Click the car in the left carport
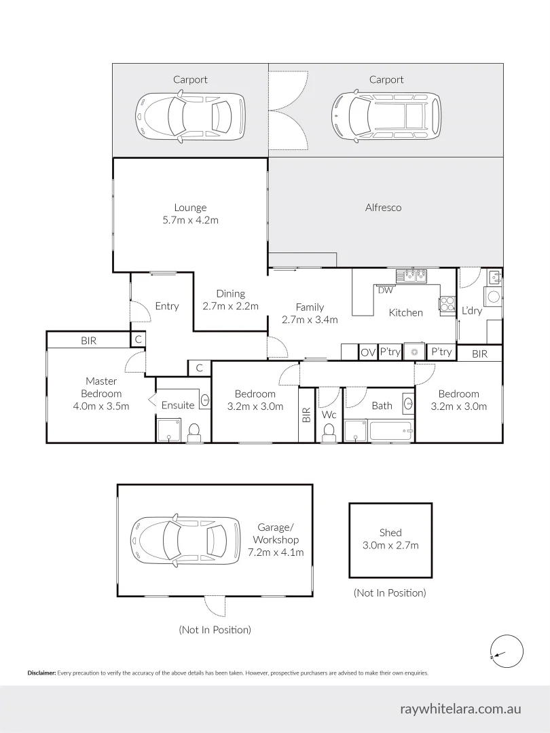(x=190, y=117)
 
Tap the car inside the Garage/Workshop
(x=185, y=540)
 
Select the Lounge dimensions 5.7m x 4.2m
(x=190, y=220)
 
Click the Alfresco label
(x=383, y=208)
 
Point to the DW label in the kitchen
(x=385, y=290)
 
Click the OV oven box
(x=368, y=352)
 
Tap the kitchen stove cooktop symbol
(x=447, y=305)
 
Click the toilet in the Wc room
(x=329, y=432)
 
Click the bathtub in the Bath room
(x=390, y=431)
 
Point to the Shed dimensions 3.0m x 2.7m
(x=390, y=545)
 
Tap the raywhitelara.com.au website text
(x=460, y=709)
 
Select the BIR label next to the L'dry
(x=479, y=354)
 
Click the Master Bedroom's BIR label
(x=88, y=341)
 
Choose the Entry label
(x=166, y=306)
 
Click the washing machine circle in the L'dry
(x=494, y=296)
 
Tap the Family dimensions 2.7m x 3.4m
(x=310, y=320)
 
